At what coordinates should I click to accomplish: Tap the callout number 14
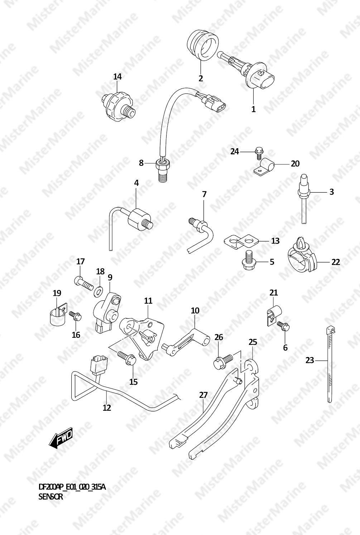pyautogui.click(x=117, y=77)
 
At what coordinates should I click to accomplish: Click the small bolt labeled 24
pyautogui.click(x=258, y=153)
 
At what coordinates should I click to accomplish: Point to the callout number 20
pyautogui.click(x=295, y=164)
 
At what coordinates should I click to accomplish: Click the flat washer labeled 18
pyautogui.click(x=98, y=291)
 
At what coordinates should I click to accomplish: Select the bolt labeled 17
pyautogui.click(x=83, y=283)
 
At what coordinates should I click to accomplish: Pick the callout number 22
pyautogui.click(x=336, y=262)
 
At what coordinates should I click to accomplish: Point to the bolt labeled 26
pyautogui.click(x=224, y=361)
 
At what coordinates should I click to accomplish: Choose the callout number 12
pyautogui.click(x=107, y=408)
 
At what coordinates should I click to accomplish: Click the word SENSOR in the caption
pyautogui.click(x=51, y=497)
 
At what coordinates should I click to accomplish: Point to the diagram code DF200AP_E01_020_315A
pyautogui.click(x=72, y=487)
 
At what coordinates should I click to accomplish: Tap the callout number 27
pyautogui.click(x=203, y=395)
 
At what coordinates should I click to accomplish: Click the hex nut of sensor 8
pyautogui.click(x=163, y=164)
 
